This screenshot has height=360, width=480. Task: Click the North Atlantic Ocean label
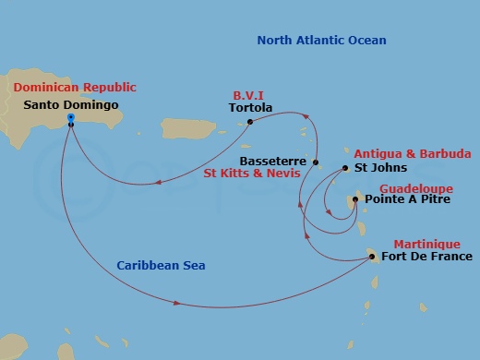[321, 41]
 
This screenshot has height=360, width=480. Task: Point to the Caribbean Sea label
[161, 266]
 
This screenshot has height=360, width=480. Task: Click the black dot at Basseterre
[316, 162]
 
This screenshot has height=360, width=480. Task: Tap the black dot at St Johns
[345, 168]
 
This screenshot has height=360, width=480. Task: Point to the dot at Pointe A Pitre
[358, 198]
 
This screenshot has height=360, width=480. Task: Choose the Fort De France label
[426, 257]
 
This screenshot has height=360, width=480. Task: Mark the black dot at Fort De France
[373, 257]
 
